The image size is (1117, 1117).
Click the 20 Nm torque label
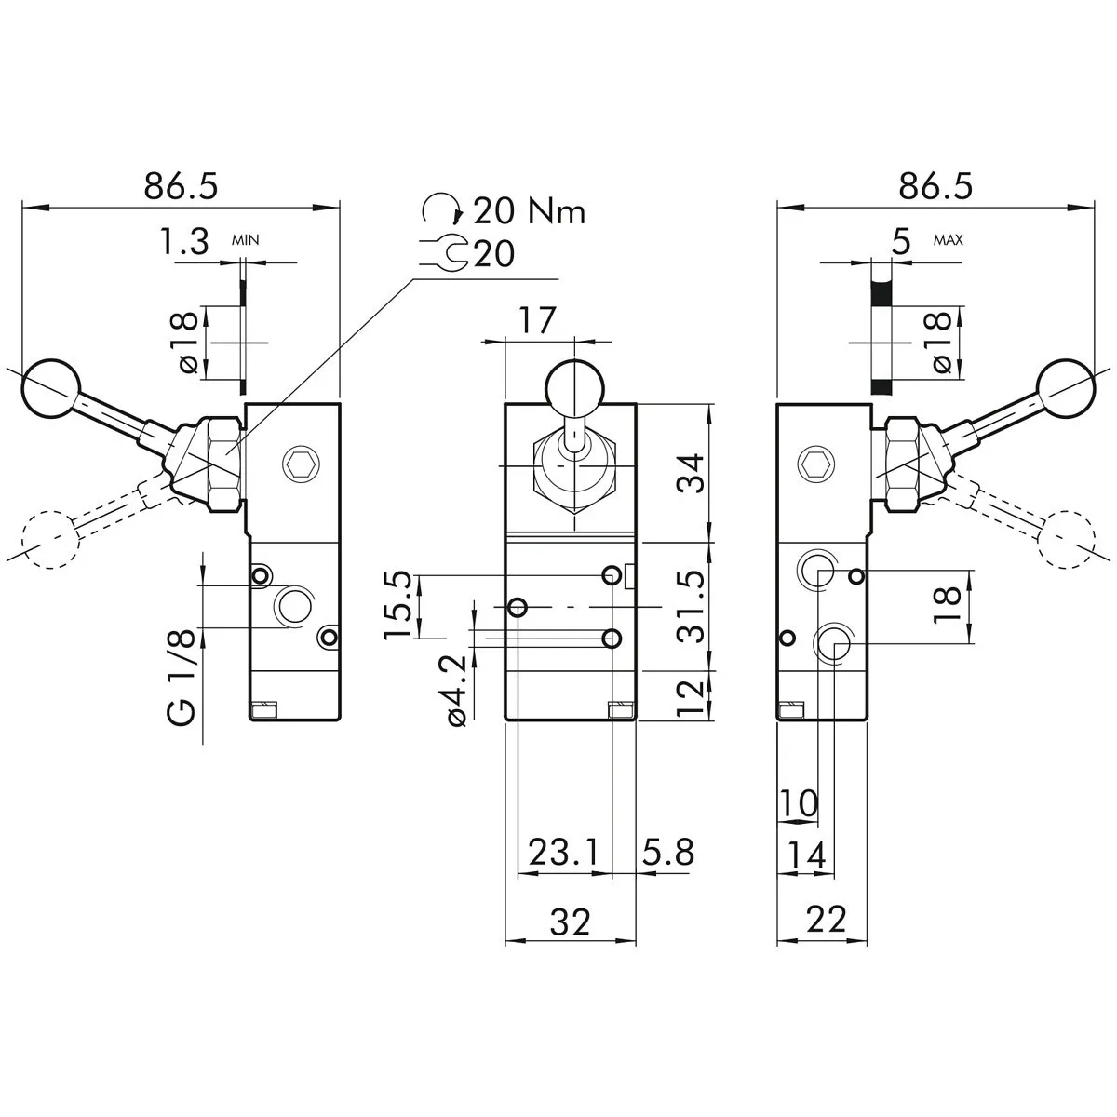click(x=529, y=212)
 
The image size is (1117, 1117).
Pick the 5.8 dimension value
click(x=667, y=852)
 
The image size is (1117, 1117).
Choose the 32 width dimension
click(x=570, y=922)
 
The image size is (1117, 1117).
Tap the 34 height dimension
click(x=691, y=473)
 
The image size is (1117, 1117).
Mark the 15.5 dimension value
click(x=397, y=605)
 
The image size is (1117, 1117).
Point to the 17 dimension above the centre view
click(x=538, y=321)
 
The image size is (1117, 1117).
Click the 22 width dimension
click(x=825, y=920)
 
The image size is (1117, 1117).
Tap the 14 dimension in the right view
click(x=805, y=855)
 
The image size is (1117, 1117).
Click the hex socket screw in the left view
click(x=301, y=463)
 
